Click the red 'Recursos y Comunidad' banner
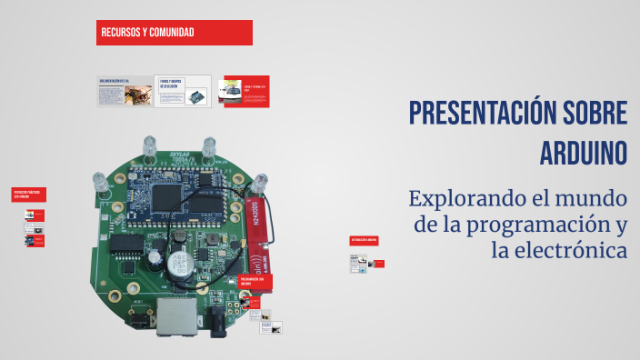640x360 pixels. tap(174, 33)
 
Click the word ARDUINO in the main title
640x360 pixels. tap(584, 151)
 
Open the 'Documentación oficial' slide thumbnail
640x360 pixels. tap(124, 91)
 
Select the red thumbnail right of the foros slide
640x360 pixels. tap(244, 91)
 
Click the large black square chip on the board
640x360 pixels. tap(168, 195)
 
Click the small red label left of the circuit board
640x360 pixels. tap(28, 195)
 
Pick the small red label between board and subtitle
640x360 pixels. tap(364, 240)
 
